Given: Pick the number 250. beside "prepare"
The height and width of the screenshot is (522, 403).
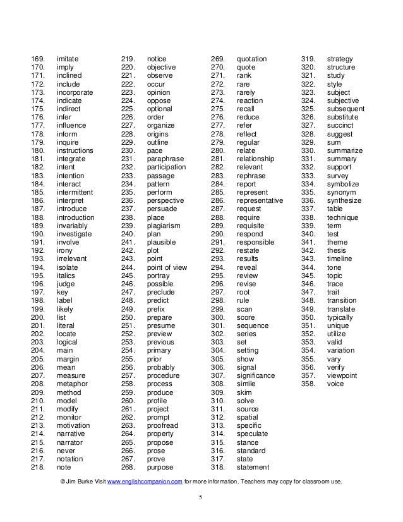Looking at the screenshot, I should (128, 317).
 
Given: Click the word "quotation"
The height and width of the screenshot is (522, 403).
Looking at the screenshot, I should (251, 59).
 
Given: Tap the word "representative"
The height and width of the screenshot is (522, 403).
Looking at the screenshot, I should (260, 200).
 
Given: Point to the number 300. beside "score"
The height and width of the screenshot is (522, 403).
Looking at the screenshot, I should (218, 317).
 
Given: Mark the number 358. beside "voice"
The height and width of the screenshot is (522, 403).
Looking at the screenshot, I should (308, 384).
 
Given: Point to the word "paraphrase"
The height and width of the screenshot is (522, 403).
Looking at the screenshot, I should (166, 159).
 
